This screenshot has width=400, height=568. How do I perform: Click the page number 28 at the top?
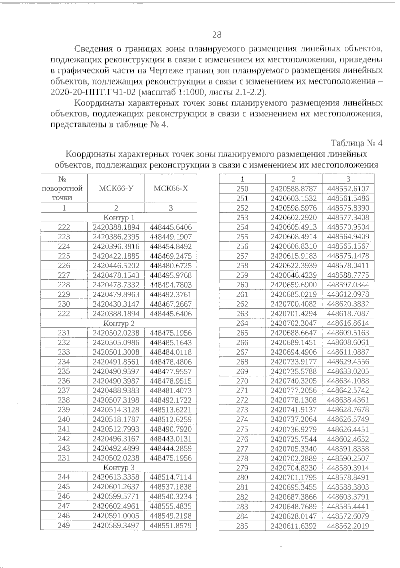(x=217, y=35)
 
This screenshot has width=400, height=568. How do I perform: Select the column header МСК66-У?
(x=116, y=188)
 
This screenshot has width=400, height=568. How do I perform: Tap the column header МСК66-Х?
(x=171, y=188)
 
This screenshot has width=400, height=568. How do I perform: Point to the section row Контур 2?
(x=119, y=323)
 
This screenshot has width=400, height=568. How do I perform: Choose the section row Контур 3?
(x=119, y=467)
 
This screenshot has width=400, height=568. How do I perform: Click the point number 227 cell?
(x=64, y=275)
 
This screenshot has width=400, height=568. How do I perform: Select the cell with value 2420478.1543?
(x=116, y=275)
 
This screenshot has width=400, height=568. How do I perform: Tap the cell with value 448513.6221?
(x=171, y=410)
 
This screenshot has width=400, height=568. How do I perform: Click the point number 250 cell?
(x=242, y=189)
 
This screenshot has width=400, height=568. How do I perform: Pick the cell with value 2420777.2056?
(x=294, y=390)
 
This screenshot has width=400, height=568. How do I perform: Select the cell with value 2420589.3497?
(x=116, y=526)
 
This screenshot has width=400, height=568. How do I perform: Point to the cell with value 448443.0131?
(x=171, y=439)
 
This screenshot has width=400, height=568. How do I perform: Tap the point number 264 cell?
(x=242, y=323)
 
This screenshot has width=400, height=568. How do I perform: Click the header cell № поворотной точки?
(x=64, y=188)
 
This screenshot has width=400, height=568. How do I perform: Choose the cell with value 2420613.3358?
(x=116, y=477)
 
